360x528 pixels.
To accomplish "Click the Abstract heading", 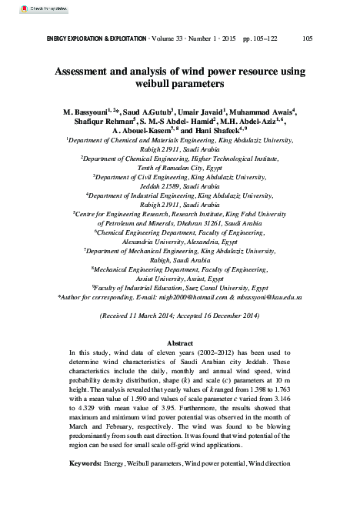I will pyautogui.click(x=179, y=342).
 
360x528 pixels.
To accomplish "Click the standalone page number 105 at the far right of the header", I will pyautogui.click(x=306, y=38).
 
